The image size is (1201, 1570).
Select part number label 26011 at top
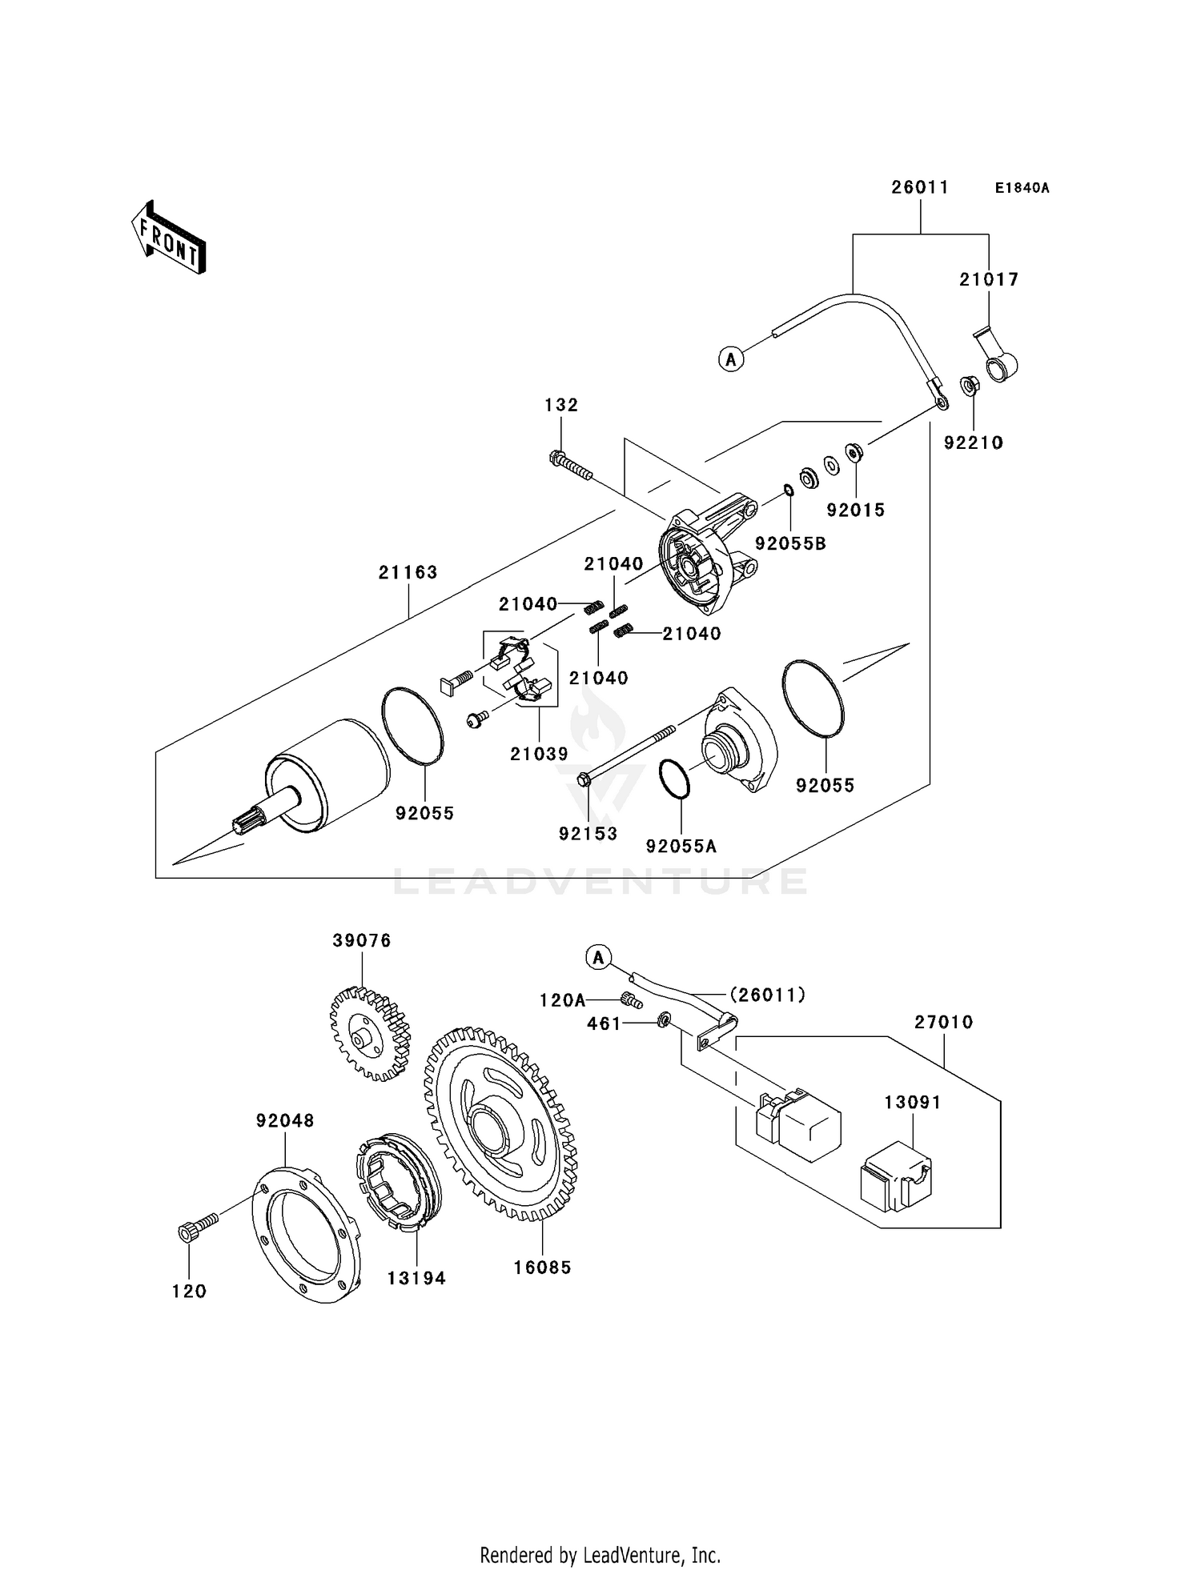920,187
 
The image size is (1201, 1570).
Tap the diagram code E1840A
1022,188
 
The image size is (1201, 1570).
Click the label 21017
989,279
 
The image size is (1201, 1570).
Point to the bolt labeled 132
571,466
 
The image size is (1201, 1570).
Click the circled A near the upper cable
730,359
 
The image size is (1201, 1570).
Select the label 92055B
790,543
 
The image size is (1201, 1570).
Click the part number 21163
408,572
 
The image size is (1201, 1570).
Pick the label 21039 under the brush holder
539,753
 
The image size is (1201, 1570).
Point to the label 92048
285,1121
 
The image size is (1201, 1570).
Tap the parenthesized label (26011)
766,995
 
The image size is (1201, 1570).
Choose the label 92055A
681,846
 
